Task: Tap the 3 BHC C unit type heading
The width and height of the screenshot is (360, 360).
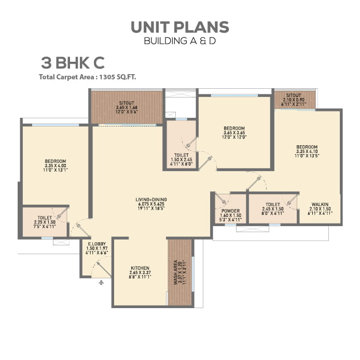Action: [73, 63]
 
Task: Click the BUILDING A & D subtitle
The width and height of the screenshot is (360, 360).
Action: [179, 41]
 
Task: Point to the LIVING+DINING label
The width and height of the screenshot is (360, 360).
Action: [151, 199]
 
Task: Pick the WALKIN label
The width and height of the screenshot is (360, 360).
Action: [320, 204]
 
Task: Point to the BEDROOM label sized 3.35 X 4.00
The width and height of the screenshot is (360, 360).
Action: [55, 161]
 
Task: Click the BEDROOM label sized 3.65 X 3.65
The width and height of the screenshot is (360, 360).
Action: [234, 128]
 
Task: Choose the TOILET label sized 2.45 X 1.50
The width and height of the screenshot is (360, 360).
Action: [273, 204]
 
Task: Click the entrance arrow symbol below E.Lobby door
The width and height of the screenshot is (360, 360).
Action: [101, 282]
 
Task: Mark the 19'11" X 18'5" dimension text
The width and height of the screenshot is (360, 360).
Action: [151, 209]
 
